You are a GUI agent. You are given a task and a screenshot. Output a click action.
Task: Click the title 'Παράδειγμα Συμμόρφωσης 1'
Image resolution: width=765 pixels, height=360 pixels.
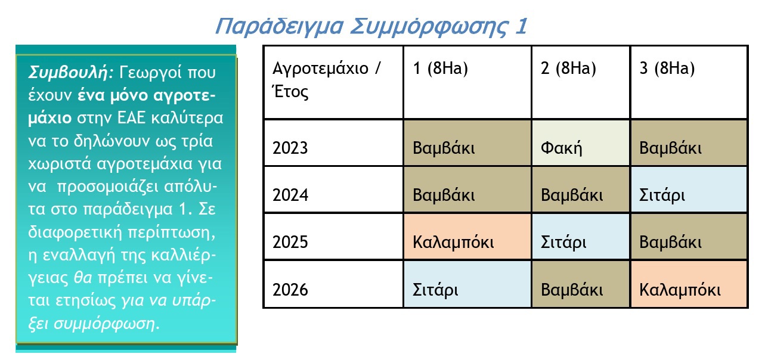pyautogui.click(x=371, y=26)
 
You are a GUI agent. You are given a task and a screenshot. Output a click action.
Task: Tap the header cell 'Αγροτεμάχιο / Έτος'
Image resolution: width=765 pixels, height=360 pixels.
pyautogui.click(x=333, y=82)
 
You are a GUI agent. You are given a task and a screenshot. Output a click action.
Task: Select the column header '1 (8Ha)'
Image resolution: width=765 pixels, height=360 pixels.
pyautogui.click(x=467, y=82)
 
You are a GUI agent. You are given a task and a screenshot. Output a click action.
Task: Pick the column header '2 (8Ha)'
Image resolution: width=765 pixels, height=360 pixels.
pyautogui.click(x=581, y=82)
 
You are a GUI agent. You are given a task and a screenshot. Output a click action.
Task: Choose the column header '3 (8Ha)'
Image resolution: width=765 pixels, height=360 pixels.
pyautogui.click(x=689, y=82)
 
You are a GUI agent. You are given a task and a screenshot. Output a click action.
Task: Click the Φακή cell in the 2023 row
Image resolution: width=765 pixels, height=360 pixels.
pyautogui.click(x=581, y=143)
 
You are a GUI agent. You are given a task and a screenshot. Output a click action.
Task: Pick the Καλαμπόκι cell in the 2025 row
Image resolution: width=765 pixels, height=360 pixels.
pyautogui.click(x=467, y=237)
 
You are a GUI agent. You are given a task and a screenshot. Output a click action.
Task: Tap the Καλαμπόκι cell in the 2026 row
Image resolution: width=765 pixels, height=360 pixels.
pyautogui.click(x=689, y=284)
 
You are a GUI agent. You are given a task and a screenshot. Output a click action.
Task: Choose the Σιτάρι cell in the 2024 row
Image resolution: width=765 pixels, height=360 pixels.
pyautogui.click(x=689, y=190)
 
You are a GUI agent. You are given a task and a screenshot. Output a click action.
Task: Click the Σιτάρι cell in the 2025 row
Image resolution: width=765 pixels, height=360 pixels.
pyautogui.click(x=581, y=237)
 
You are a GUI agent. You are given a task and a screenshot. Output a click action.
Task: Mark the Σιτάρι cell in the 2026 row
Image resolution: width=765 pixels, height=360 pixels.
pyautogui.click(x=467, y=284)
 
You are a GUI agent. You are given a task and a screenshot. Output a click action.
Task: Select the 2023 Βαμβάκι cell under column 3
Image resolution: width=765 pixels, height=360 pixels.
pyautogui.click(x=689, y=143)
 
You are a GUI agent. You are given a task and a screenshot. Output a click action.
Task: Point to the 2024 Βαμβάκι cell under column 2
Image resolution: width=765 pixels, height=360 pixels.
pyautogui.click(x=581, y=190)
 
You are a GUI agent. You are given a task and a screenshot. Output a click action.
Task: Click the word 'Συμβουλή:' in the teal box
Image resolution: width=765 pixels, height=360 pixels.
pyautogui.click(x=71, y=73)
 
